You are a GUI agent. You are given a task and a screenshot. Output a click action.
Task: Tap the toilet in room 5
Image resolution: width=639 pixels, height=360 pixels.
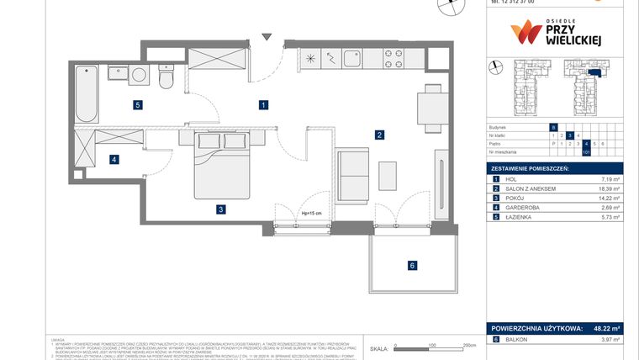(x=166, y=78)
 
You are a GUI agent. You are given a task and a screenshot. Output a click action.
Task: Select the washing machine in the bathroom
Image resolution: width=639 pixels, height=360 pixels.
(x=139, y=75)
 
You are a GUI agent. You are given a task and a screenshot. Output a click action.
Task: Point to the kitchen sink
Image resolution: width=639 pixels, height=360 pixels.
(x=351, y=60)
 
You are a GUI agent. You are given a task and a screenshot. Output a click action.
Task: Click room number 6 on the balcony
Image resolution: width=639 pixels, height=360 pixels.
(x=412, y=266)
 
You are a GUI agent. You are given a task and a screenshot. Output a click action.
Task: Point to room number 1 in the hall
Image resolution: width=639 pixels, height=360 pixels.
(x=263, y=105)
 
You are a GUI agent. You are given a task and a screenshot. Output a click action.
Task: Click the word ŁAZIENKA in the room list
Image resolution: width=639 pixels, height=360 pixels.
(x=522, y=217)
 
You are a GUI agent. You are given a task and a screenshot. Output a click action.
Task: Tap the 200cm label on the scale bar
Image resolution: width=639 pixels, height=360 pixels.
(x=469, y=345)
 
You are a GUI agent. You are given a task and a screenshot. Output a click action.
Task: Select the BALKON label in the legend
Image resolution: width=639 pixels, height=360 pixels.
(x=518, y=339)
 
